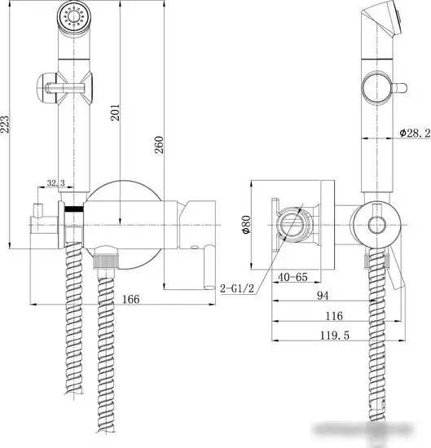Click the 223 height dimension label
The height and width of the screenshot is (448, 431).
point(7,123)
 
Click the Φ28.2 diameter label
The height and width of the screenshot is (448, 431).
point(414,133)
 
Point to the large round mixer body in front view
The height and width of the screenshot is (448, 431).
point(122,220)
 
